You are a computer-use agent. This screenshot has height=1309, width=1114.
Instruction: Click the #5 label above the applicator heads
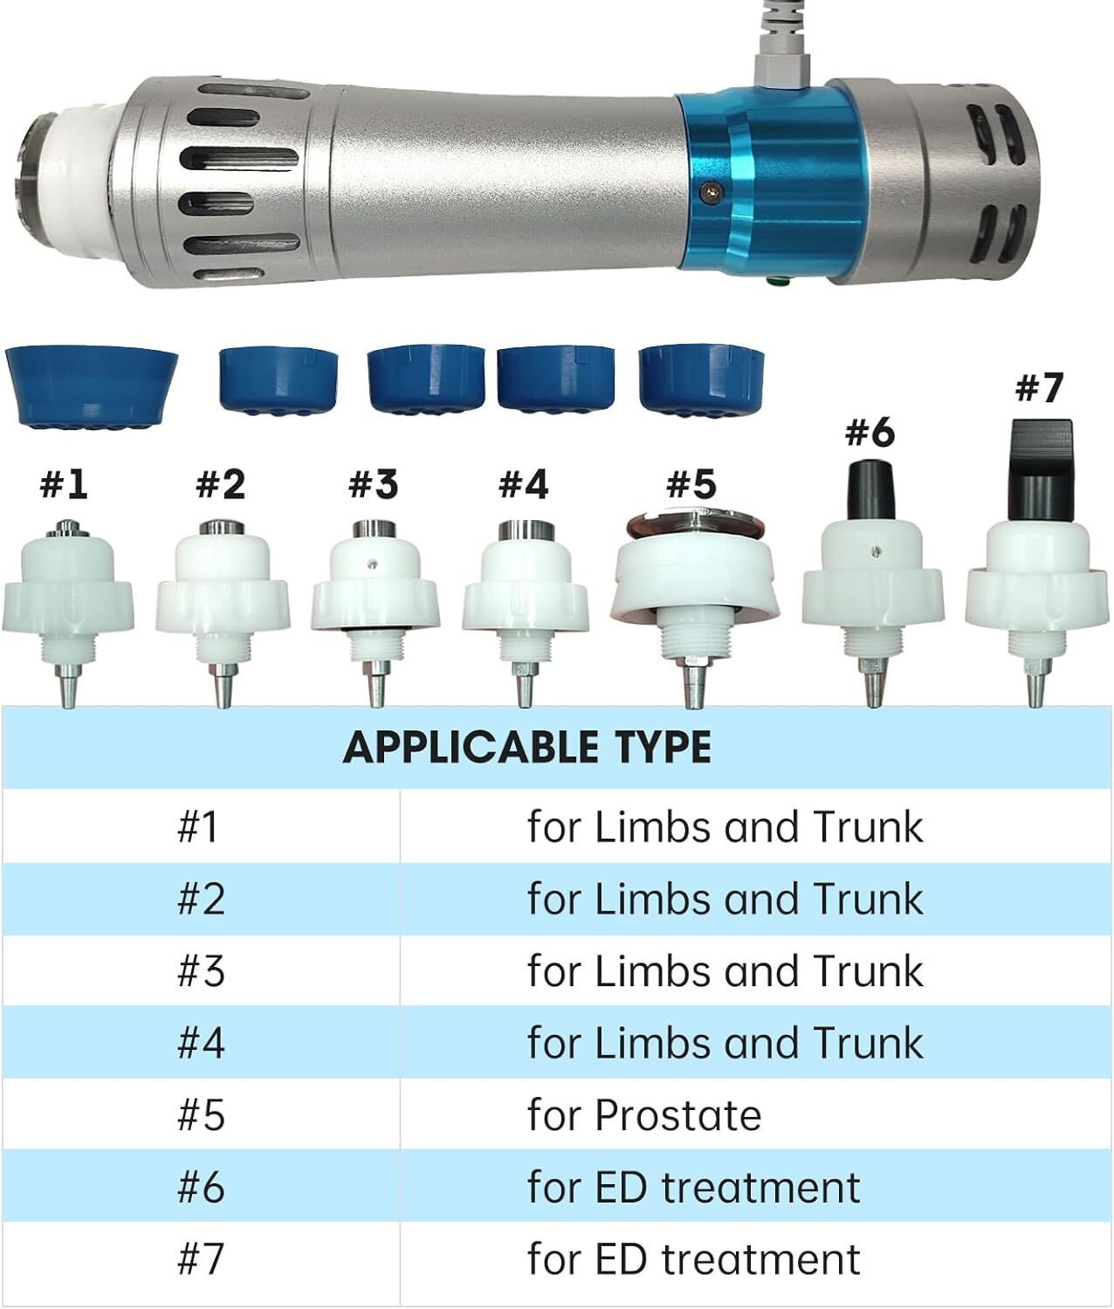coord(691,484)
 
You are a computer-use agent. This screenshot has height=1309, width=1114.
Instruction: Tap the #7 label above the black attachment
coord(1039,387)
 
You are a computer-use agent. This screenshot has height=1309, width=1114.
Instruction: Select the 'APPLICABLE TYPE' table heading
coord(526,747)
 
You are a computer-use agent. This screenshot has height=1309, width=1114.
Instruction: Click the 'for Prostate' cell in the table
coord(643,1116)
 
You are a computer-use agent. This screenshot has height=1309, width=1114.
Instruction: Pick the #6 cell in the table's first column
coord(201,1188)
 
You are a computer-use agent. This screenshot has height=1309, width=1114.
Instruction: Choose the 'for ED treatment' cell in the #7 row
coord(694,1259)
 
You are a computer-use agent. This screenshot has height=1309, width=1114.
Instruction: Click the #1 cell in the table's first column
coord(197,827)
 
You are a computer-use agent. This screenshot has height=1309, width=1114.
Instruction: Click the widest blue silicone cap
coord(92,387)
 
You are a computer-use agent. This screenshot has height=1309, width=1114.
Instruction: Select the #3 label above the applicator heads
coord(374,484)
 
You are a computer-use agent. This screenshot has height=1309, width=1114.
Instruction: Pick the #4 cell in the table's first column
coord(201,1044)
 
